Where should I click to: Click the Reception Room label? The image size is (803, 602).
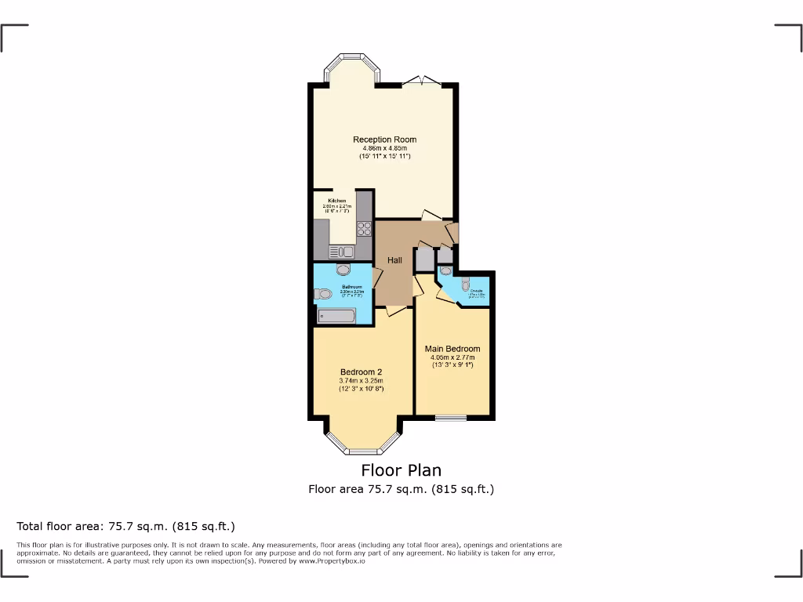(384, 140)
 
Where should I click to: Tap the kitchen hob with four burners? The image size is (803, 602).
(364, 228)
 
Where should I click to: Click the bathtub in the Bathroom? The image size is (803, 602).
(336, 316)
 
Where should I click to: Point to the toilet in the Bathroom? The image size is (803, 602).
(323, 295)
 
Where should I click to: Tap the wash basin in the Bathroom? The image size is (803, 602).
(343, 270)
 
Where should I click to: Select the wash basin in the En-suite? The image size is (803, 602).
(446, 271)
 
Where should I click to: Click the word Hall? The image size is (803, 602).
(394, 260)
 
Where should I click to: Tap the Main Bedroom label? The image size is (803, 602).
(452, 349)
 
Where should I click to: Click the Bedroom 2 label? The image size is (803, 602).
(361, 372)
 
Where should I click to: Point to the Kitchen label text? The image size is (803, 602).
(336, 201)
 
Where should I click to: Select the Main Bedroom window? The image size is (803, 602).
(451, 417)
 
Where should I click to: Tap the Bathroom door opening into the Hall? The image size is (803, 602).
(376, 277)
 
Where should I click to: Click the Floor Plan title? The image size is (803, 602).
(401, 470)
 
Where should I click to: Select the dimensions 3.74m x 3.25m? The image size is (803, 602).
(361, 381)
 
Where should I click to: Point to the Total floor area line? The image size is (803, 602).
(126, 526)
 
